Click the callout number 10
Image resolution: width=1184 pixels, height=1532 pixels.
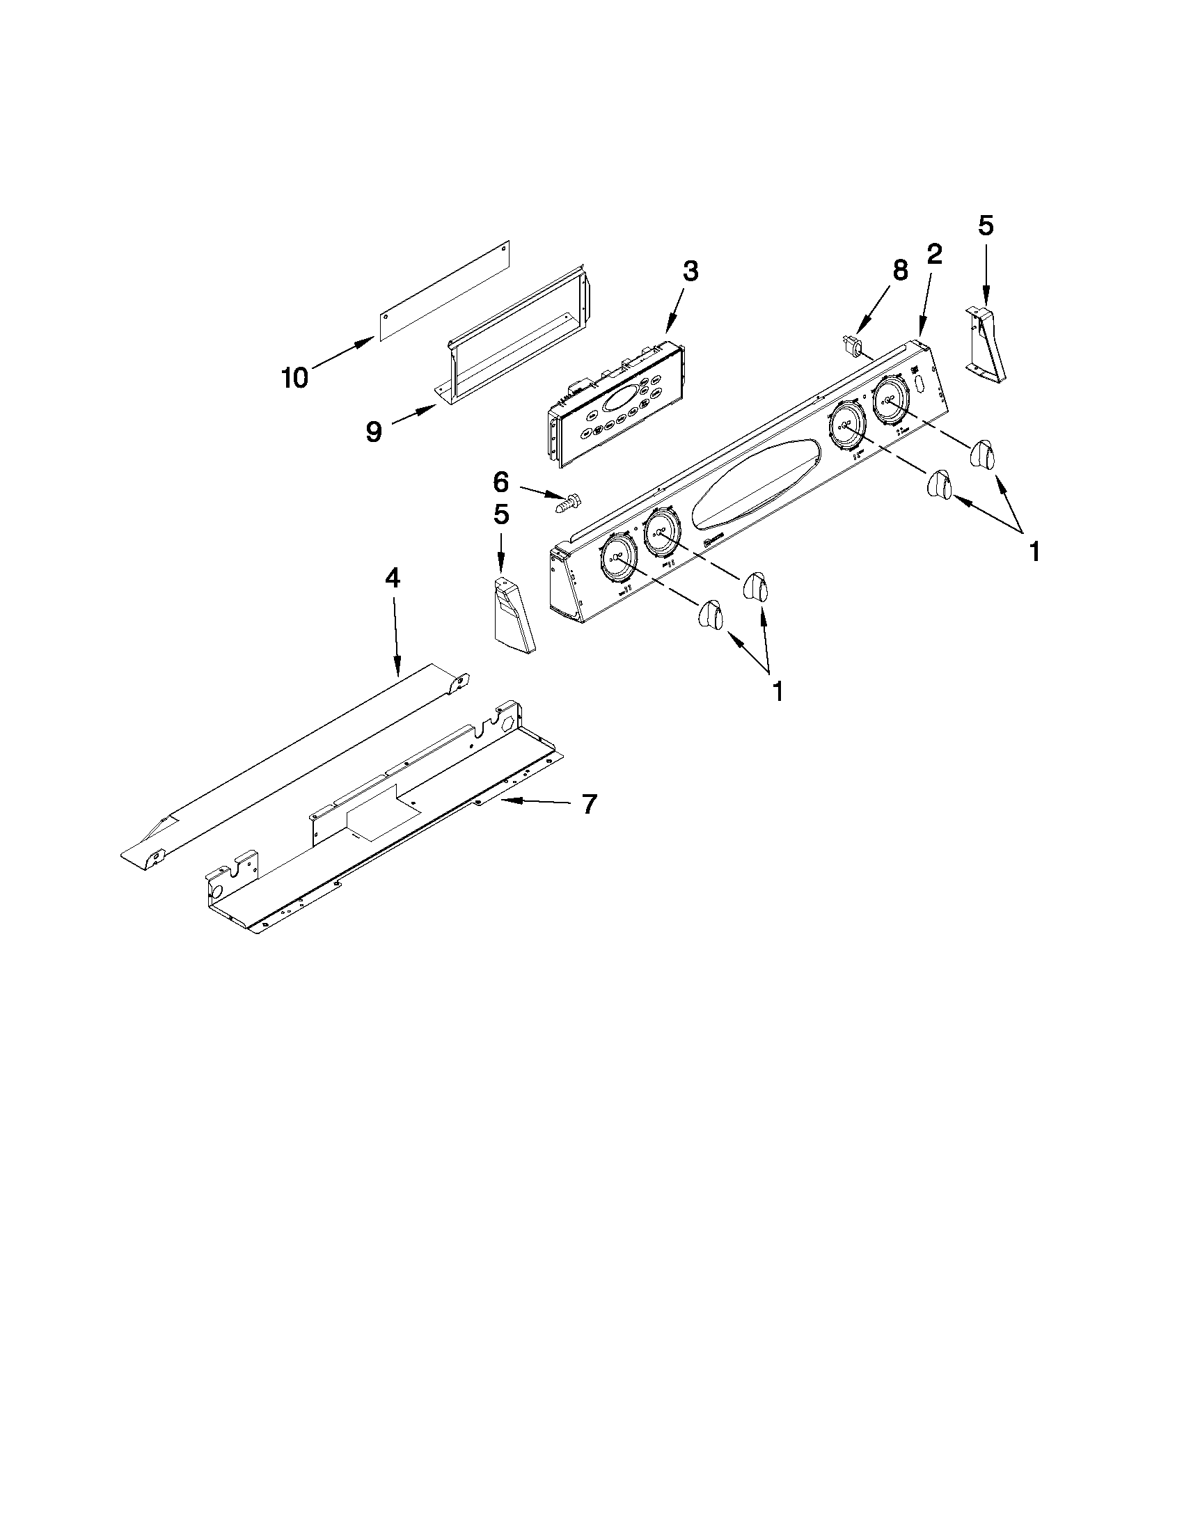click(294, 378)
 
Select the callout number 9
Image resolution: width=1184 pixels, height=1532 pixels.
click(374, 432)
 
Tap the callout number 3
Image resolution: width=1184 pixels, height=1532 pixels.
click(690, 271)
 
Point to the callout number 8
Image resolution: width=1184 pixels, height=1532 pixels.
click(900, 271)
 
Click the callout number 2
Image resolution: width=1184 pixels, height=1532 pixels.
click(934, 255)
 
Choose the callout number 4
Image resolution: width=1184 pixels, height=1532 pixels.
click(392, 578)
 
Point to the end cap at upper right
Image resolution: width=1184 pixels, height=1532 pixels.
click(988, 346)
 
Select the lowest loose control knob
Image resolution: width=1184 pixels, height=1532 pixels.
click(711, 616)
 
